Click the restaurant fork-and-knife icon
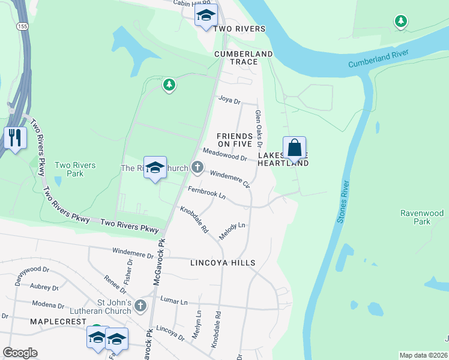[x=15, y=138]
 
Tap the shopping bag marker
[x=294, y=148]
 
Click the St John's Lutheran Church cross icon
[x=140, y=305]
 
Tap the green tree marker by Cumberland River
[x=400, y=22]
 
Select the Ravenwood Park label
[x=422, y=217]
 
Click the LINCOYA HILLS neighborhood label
[x=222, y=263]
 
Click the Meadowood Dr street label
[x=224, y=154]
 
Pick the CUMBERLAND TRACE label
[x=244, y=54]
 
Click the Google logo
[x=20, y=353]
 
